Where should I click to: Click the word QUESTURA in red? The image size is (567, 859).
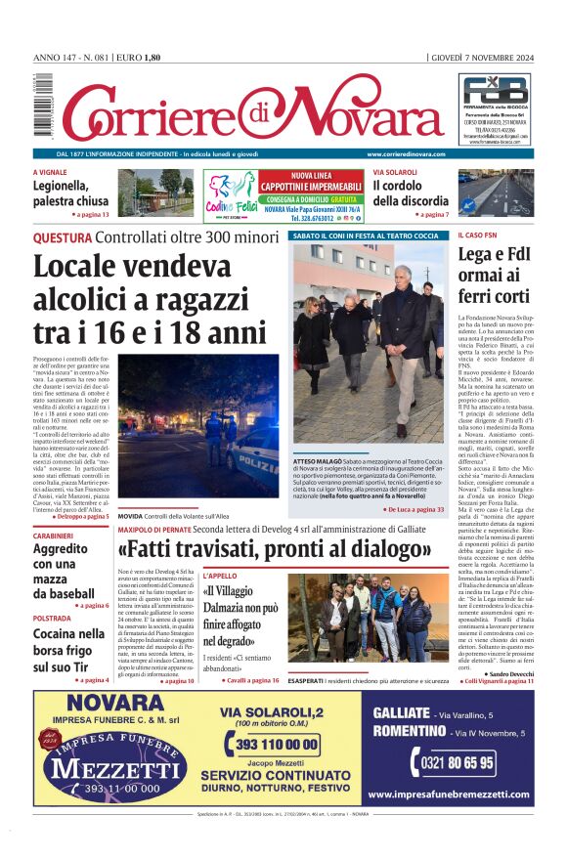pos(63,237)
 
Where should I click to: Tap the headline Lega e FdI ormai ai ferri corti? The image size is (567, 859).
pos(494,275)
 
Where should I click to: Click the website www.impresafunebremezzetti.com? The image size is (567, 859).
pos(451,795)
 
